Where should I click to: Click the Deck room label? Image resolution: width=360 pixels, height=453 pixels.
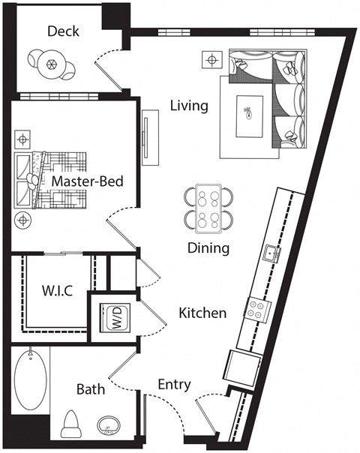coord(63,31)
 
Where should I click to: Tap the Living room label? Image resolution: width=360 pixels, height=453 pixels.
coord(188,106)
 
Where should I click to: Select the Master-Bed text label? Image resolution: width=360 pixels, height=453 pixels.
coord(87,181)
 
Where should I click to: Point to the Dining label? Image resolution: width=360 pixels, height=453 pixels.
coord(208,248)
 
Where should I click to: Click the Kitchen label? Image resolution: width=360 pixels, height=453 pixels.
coord(202,313)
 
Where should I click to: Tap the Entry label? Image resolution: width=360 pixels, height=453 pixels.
coord(173,385)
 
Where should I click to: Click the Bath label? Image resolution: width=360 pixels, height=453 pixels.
coord(91,389)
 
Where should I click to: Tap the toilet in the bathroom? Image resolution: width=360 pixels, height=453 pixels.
coord(72,424)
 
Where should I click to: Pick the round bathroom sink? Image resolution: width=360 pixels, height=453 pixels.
coord(110,427)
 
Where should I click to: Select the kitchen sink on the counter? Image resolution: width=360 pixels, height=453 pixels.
coord(271,253)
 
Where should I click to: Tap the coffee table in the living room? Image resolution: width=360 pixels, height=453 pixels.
coord(250,116)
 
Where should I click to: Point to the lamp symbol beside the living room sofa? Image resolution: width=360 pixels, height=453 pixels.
coord(214,59)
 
